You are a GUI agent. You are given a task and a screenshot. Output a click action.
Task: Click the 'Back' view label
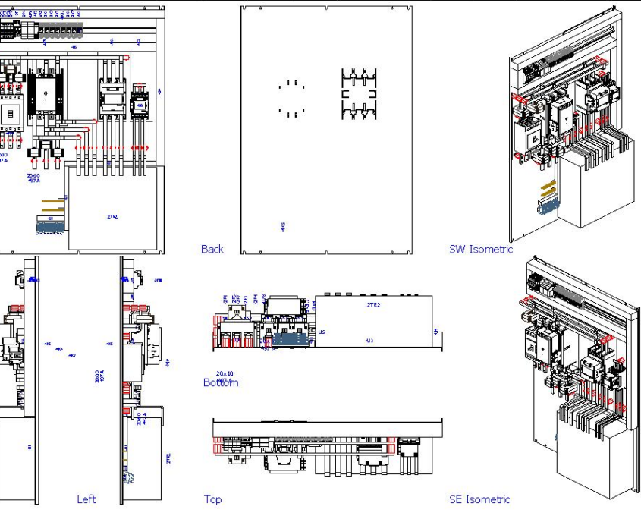212,249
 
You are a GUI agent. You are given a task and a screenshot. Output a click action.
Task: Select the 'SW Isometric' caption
480,249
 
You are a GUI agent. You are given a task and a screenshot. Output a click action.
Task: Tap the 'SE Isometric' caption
479,499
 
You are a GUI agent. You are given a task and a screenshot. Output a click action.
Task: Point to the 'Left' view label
86,499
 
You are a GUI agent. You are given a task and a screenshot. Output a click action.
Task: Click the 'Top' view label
212,499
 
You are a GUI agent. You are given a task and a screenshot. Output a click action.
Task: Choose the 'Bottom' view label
220,382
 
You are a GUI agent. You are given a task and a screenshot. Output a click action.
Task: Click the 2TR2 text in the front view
112,216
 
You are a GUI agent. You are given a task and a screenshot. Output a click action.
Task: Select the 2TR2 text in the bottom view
373,304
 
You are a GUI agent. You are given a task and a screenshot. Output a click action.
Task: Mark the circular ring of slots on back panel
291,98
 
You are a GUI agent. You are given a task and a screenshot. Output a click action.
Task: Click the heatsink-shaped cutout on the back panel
359,94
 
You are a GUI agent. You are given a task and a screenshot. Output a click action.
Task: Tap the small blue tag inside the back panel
283,226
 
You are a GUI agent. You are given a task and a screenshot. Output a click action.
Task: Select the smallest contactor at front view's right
140,102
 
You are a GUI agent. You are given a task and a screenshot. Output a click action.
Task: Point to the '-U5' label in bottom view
321,332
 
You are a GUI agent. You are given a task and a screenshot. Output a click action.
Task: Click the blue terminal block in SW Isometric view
545,206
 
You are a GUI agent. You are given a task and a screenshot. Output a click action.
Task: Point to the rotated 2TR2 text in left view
168,458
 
